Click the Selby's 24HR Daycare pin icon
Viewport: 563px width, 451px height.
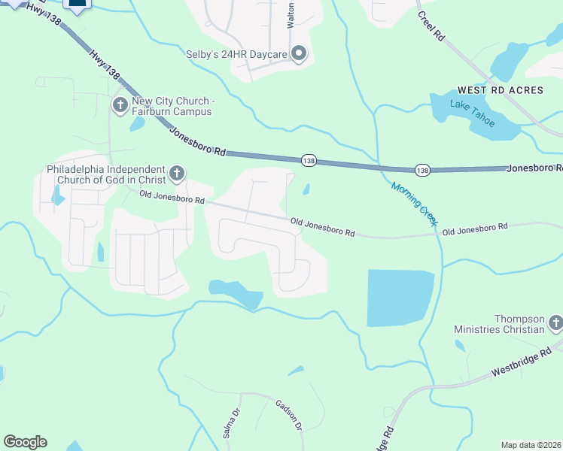pyautogui.click(x=299, y=53)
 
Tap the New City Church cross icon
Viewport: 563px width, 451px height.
pyautogui.click(x=120, y=103)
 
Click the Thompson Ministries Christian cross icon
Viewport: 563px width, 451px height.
pyautogui.click(x=555, y=324)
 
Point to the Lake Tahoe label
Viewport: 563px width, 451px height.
pyautogui.click(x=473, y=113)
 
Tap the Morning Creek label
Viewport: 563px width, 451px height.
pyautogui.click(x=414, y=203)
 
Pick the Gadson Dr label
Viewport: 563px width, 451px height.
pyautogui.click(x=288, y=414)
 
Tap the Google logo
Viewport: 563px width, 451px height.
pyautogui.click(x=25, y=442)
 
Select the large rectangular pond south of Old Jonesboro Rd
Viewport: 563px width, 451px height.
pyautogui.click(x=400, y=298)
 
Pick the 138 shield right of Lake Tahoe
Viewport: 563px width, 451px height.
pyautogui.click(x=423, y=171)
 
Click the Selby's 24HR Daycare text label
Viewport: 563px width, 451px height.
pyautogui.click(x=238, y=53)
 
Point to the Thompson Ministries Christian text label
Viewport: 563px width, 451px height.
pyautogui.click(x=499, y=324)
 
